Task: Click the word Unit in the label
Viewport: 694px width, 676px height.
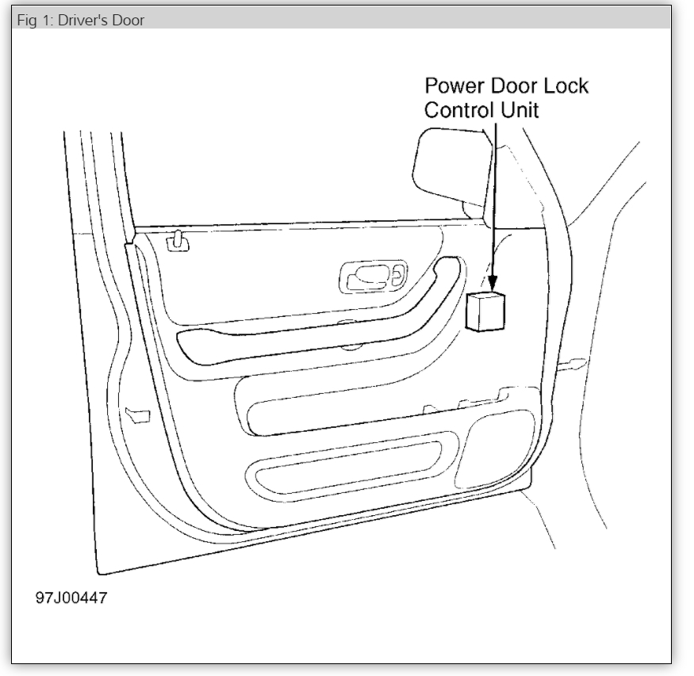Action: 518,110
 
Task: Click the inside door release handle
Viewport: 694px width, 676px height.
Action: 373,275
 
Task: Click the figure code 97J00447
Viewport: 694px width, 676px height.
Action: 71,598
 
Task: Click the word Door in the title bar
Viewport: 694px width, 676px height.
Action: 128,20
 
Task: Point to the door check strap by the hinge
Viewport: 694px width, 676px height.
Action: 572,365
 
